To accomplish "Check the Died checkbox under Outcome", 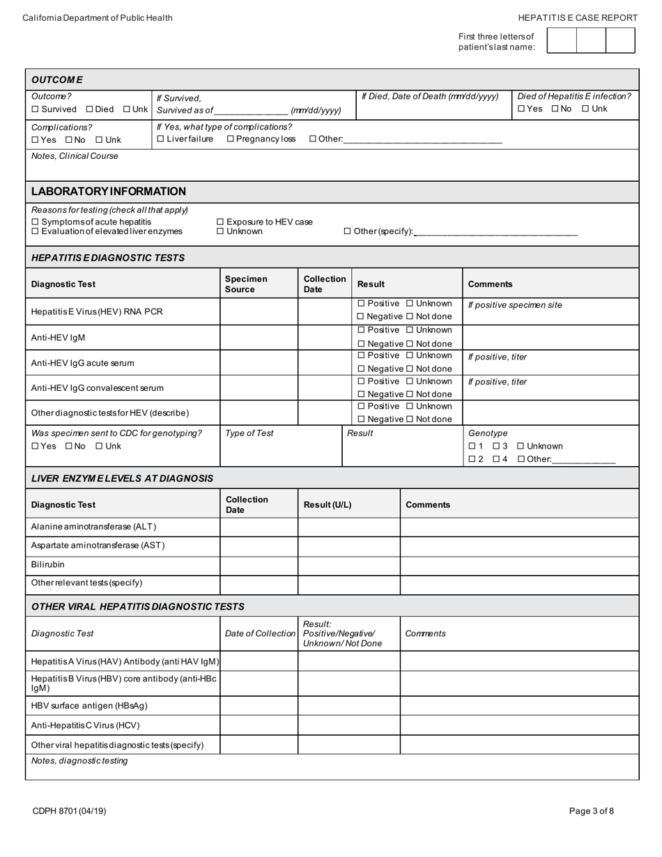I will pyautogui.click(x=90, y=109).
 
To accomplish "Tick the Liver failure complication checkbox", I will pyautogui.click(x=161, y=139).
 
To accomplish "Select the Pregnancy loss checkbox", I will pyautogui.click(x=231, y=139).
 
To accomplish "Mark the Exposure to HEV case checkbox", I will pyautogui.click(x=221, y=222).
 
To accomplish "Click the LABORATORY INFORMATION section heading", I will pyautogui.click(x=108, y=192).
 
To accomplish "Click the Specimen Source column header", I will pyautogui.click(x=245, y=284).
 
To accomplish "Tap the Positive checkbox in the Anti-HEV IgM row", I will pyautogui.click(x=361, y=330).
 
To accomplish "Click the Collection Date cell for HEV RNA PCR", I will pyautogui.click(x=325, y=311).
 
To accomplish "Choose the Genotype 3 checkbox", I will pyautogui.click(x=496, y=447).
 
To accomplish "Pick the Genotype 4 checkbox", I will pyautogui.click(x=496, y=459).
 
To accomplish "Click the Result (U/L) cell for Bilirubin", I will pyautogui.click(x=348, y=565).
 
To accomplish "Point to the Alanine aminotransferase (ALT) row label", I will pyautogui.click(x=93, y=527).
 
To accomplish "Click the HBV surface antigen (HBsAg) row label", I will pyautogui.click(x=89, y=706).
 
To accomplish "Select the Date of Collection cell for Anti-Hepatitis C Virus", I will pyautogui.click(x=259, y=725).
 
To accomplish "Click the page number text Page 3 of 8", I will pyautogui.click(x=592, y=811).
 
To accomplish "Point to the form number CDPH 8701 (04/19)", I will pyautogui.click(x=69, y=811).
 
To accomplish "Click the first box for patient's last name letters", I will pyautogui.click(x=562, y=40).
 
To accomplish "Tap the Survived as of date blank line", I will pyautogui.click(x=251, y=111).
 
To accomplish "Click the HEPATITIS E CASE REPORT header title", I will pyautogui.click(x=578, y=18).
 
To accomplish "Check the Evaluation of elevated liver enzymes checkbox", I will pyautogui.click(x=36, y=232).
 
